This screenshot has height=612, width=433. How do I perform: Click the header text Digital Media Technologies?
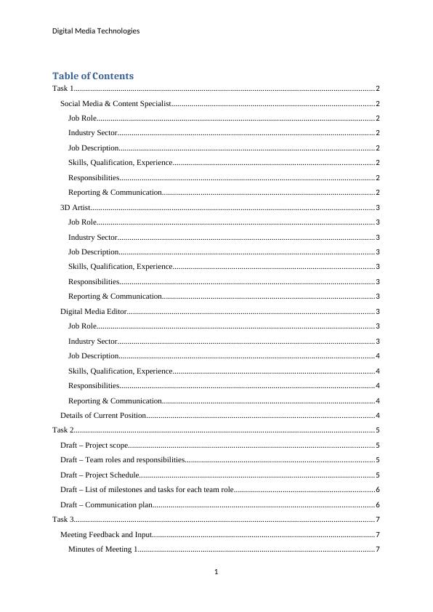pyautogui.click(x=96, y=31)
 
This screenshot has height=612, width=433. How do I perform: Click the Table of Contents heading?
pyautogui.click(x=93, y=76)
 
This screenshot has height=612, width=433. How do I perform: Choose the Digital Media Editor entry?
pyautogui.click(x=94, y=311)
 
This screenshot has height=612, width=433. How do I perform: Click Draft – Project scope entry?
pyautogui.click(x=94, y=445)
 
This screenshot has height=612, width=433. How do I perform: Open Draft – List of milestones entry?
pyautogui.click(x=147, y=489)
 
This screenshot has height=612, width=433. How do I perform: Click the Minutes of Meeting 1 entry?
pyautogui.click(x=102, y=549)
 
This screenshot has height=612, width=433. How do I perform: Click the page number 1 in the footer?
pyautogui.click(x=216, y=572)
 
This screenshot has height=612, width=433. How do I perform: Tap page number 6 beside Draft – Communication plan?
pyautogui.click(x=378, y=504)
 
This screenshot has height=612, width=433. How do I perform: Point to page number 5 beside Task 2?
pyautogui.click(x=378, y=430)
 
